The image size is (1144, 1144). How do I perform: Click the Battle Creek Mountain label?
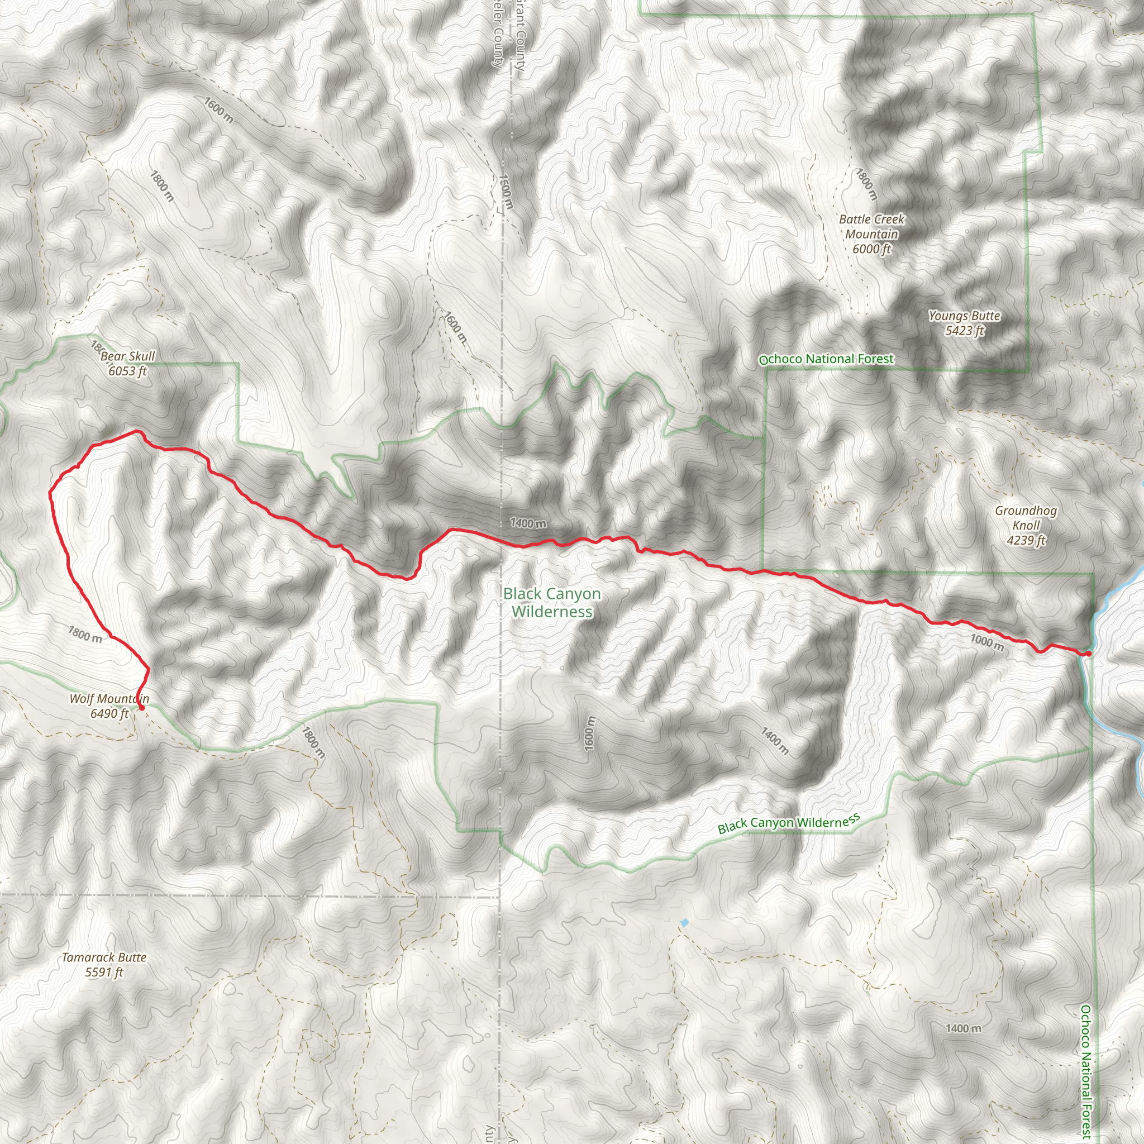[x=871, y=234]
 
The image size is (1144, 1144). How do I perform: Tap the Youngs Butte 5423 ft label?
[x=964, y=323]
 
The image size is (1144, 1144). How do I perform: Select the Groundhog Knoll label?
[x=1026, y=525]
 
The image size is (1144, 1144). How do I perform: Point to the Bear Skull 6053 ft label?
[x=127, y=364]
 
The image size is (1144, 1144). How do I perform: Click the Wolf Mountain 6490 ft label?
[x=109, y=706]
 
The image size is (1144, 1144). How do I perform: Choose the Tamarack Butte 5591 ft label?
[x=104, y=965]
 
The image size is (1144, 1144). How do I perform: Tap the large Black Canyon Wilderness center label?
[x=552, y=602]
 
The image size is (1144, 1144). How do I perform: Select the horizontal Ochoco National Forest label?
[x=827, y=359]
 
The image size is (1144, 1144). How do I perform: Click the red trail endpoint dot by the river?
[x=1088, y=654]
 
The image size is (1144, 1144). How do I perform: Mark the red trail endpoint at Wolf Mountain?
[x=141, y=707]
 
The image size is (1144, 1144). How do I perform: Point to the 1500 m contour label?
[x=506, y=190]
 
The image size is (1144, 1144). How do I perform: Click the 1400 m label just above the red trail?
[x=528, y=523]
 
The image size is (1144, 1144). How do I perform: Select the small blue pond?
[x=684, y=923]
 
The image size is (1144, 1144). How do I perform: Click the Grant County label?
[x=519, y=36]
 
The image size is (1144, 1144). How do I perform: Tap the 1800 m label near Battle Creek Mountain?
[x=866, y=184]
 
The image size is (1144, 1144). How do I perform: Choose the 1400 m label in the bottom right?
[x=964, y=1028]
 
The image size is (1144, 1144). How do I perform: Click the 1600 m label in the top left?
[x=218, y=110]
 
